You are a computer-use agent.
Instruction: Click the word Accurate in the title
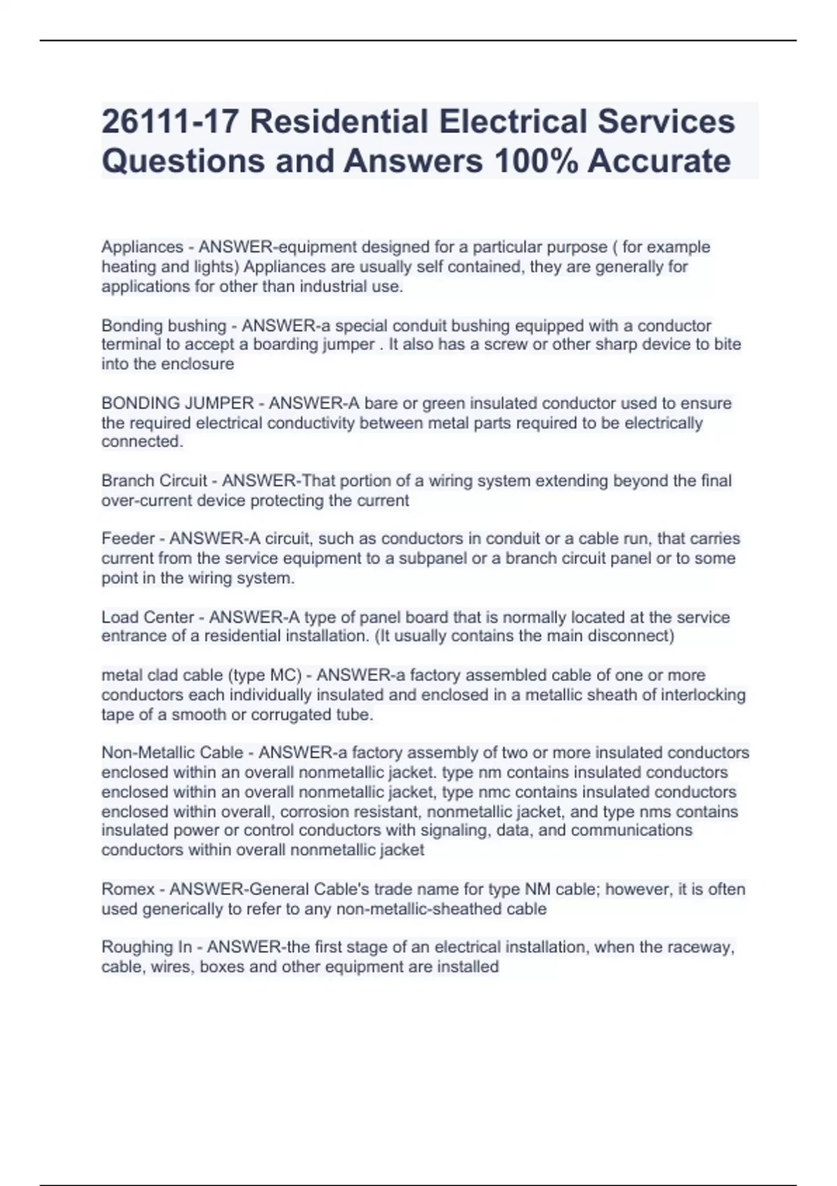(659, 161)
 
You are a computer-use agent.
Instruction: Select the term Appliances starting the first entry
(142, 247)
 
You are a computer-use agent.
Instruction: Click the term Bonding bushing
(164, 326)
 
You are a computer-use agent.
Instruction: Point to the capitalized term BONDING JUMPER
(178, 403)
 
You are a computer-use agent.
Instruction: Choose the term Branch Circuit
(154, 481)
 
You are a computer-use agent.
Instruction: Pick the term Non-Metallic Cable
(172, 753)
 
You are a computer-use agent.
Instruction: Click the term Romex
(128, 889)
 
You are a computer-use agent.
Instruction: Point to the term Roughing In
(146, 947)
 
